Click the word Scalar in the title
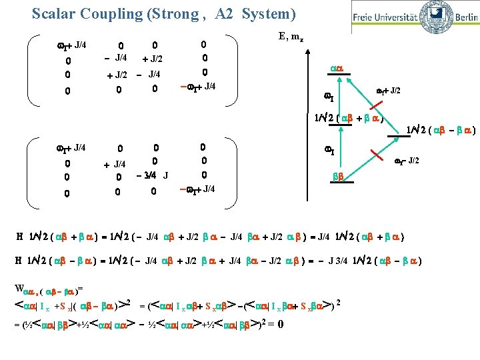(x=54, y=13)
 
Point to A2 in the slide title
(x=226, y=13)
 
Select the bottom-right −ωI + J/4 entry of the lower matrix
(x=198, y=190)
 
